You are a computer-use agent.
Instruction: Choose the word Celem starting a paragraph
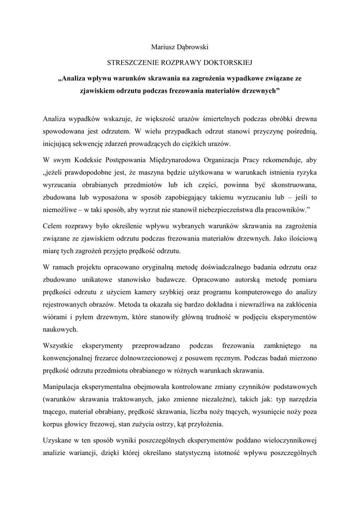(x=53, y=226)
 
